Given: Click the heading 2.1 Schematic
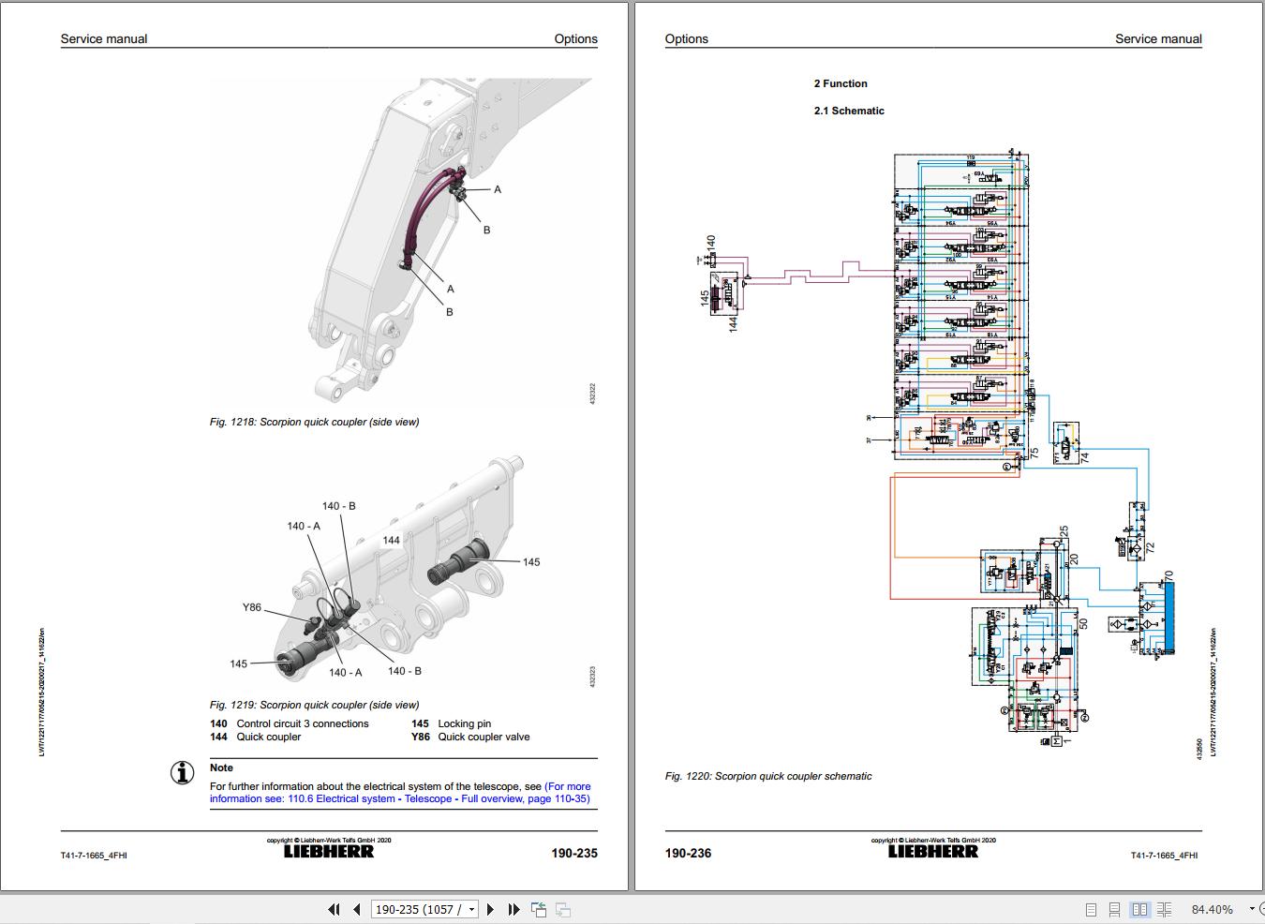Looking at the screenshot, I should [848, 111].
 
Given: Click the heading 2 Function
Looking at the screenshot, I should [840, 83].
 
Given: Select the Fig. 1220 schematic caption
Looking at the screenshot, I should [767, 776].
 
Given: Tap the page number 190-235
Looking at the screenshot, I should [573, 853].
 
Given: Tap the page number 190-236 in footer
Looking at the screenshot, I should [688, 853].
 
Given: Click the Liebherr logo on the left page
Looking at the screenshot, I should [328, 852].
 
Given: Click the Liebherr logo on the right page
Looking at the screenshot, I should [932, 852].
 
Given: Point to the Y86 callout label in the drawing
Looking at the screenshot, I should [252, 607].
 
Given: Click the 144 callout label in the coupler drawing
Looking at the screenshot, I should [391, 540].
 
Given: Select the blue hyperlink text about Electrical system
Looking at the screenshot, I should [400, 793].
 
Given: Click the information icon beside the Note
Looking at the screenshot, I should [182, 772].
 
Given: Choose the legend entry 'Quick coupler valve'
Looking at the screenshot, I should [484, 737].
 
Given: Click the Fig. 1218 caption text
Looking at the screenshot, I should [314, 422].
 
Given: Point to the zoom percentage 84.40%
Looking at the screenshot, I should [1212, 909].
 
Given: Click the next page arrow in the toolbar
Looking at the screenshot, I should [490, 909].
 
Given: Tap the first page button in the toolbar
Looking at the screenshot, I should [334, 909].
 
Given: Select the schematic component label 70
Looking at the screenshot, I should [1168, 575].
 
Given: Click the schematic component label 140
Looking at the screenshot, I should [710, 246].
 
